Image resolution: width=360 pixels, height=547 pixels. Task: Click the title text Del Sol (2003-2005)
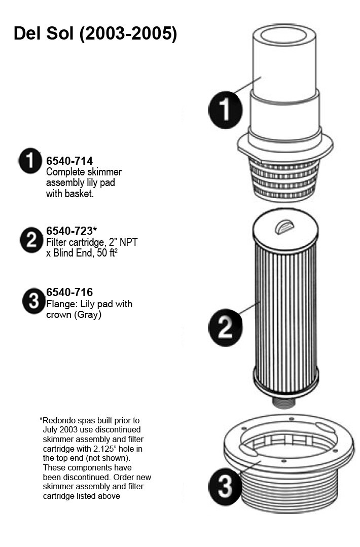pyautogui.click(x=95, y=34)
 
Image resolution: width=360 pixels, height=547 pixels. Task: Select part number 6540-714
pyautogui.click(x=69, y=161)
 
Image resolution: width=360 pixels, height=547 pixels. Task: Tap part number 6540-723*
pyautogui.click(x=71, y=231)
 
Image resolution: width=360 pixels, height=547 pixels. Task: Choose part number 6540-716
pyautogui.click(x=69, y=293)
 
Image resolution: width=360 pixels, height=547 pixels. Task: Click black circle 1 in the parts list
pyautogui.click(x=30, y=161)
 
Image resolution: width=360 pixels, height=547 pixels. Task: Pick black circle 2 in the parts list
pyautogui.click(x=31, y=240)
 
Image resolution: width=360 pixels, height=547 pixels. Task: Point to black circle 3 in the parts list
pyautogui.click(x=34, y=300)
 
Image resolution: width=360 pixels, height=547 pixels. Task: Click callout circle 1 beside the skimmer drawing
pyautogui.click(x=225, y=110)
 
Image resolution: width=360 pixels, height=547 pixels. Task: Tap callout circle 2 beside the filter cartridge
pyautogui.click(x=225, y=327)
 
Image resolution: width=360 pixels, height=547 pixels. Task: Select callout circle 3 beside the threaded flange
pyautogui.click(x=225, y=486)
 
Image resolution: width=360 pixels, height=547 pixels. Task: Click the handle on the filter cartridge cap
pyautogui.click(x=284, y=228)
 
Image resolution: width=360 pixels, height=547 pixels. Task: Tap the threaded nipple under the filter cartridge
pyautogui.click(x=283, y=402)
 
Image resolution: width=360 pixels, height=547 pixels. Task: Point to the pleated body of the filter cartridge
pyautogui.click(x=285, y=317)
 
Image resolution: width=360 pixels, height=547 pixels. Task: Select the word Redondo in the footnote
pyautogui.click(x=58, y=420)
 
